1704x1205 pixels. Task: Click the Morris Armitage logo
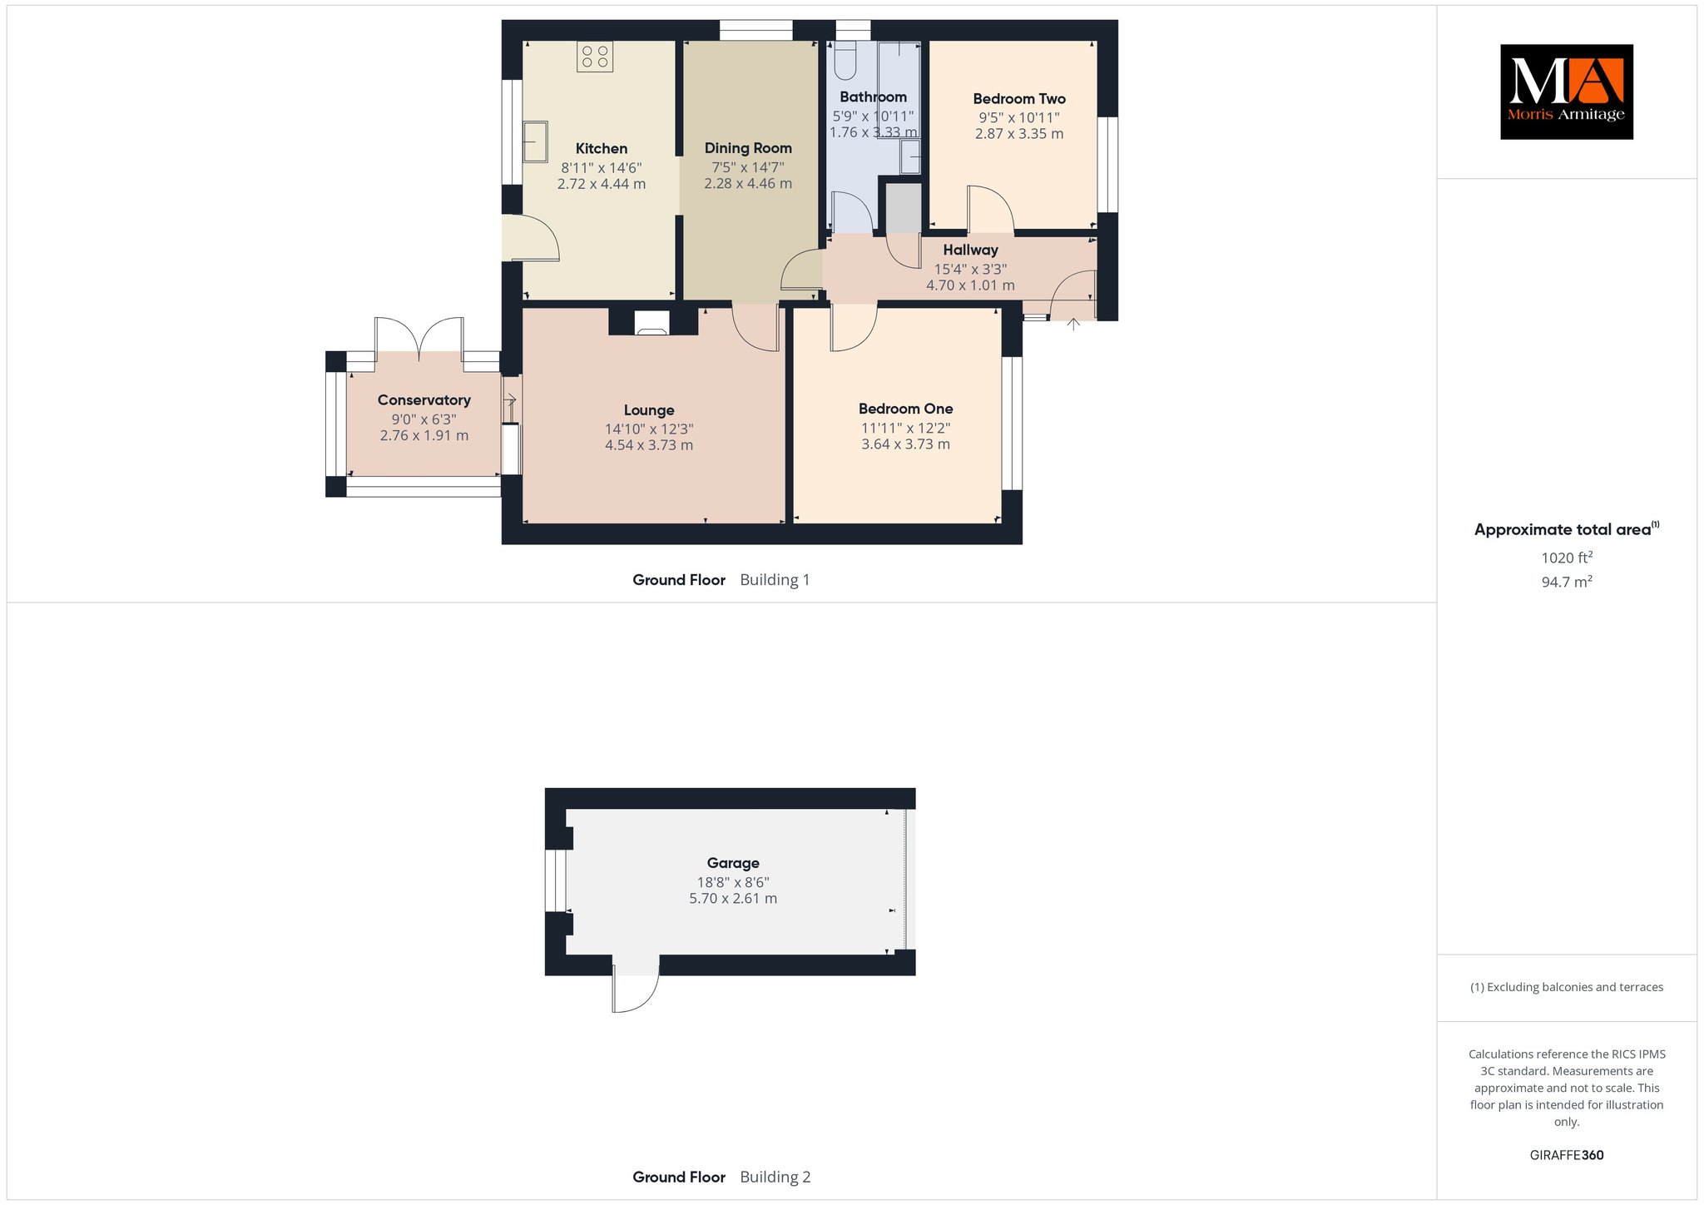pyautogui.click(x=1566, y=92)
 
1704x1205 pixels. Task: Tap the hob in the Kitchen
pyautogui.click(x=595, y=57)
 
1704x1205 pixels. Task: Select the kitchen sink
pyautogui.click(x=535, y=141)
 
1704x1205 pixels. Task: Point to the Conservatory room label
pyautogui.click(x=424, y=400)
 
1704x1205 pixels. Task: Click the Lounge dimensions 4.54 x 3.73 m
pyautogui.click(x=649, y=445)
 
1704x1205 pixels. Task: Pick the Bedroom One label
pyautogui.click(x=906, y=409)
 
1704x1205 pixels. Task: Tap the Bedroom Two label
pyautogui.click(x=1019, y=99)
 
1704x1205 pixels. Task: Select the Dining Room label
pyautogui.click(x=748, y=148)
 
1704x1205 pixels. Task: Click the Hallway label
pyautogui.click(x=970, y=250)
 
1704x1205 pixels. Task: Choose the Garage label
pyautogui.click(x=733, y=863)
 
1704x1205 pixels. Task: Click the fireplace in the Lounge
pyautogui.click(x=651, y=323)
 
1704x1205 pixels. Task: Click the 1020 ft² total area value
pyautogui.click(x=1567, y=558)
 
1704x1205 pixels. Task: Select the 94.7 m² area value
pyautogui.click(x=1567, y=582)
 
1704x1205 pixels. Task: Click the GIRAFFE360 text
pyautogui.click(x=1567, y=1155)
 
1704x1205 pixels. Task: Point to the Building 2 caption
pyautogui.click(x=775, y=1177)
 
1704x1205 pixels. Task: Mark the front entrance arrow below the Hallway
pyautogui.click(x=1073, y=325)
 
